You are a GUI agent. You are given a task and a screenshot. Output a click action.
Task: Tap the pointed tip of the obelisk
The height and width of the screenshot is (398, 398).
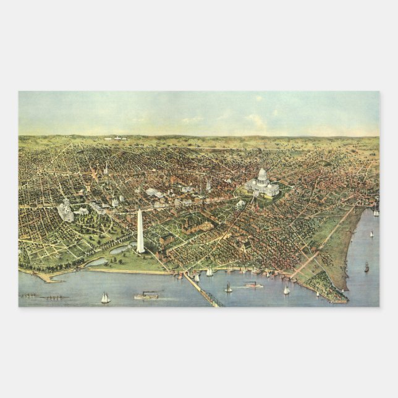pyautogui.click(x=140, y=211)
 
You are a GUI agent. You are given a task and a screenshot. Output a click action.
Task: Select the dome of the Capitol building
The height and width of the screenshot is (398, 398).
pyautogui.click(x=262, y=176)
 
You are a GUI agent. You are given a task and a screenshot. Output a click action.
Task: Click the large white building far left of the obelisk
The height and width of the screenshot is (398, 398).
pyautogui.click(x=66, y=211)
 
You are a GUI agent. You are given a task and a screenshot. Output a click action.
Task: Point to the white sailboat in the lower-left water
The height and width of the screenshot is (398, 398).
pyautogui.click(x=105, y=298)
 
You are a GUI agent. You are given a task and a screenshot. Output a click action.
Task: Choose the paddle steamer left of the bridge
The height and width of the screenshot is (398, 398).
pyautogui.click(x=146, y=295)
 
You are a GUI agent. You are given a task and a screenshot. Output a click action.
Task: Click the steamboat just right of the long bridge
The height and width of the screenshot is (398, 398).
pyautogui.click(x=253, y=285)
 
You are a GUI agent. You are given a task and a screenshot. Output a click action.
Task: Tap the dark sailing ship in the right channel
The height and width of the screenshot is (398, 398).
pyautogui.click(x=366, y=267)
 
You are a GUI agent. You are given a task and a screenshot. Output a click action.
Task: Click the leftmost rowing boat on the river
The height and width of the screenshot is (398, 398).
pyautogui.click(x=28, y=295)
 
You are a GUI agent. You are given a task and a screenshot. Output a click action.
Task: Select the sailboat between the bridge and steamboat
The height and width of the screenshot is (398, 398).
pyautogui.click(x=228, y=288)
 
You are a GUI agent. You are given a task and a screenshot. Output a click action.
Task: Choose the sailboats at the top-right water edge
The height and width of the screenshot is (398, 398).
pyautogui.click(x=376, y=213)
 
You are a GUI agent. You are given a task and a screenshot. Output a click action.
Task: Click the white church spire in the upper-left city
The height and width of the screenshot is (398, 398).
pyautogui.click(x=106, y=168)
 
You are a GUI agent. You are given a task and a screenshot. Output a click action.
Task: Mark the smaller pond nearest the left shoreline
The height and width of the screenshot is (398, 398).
pyautogui.click(x=97, y=262)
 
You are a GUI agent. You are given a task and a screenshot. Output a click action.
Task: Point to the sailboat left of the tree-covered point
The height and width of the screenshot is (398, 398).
pyautogui.click(x=286, y=290)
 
